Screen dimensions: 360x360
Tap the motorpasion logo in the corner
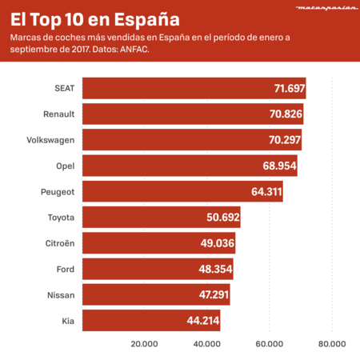[x=322, y=10]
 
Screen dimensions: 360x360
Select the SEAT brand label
[x=62, y=89]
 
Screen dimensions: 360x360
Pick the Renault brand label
[x=58, y=114]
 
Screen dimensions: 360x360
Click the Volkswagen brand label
[x=50, y=140]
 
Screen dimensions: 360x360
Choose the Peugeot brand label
[x=57, y=192]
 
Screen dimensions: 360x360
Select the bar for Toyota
[x=161, y=218]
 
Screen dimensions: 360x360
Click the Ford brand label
[x=66, y=269]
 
